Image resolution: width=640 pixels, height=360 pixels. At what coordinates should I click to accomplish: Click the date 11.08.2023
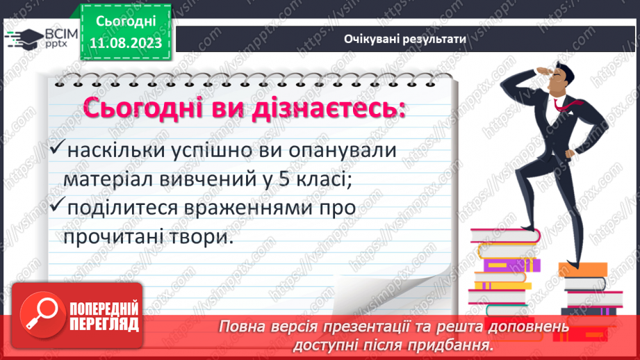pyautogui.click(x=126, y=43)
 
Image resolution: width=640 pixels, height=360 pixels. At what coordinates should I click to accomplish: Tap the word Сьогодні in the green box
pyautogui.click(x=126, y=22)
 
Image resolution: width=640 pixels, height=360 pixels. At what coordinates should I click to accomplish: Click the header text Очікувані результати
pyautogui.click(x=404, y=39)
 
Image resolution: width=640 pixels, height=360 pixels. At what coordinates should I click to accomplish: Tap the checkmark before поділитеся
pyautogui.click(x=58, y=207)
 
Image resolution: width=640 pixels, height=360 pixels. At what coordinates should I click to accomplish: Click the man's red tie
pyautogui.click(x=561, y=105)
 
